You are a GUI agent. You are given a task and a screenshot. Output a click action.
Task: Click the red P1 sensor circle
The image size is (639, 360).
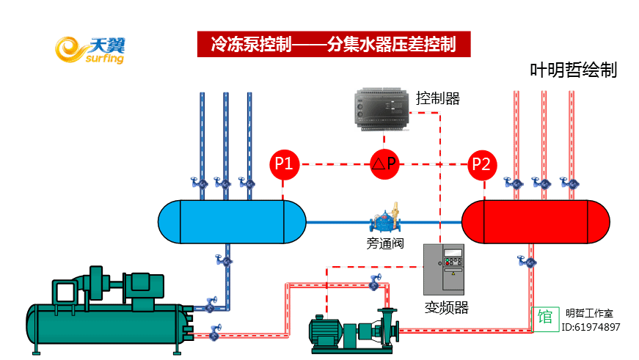pyautogui.click(x=284, y=164)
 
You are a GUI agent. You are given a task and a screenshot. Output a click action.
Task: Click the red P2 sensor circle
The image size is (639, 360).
pyautogui.click(x=481, y=164)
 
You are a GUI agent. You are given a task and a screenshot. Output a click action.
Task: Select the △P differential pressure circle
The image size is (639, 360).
pyautogui.click(x=384, y=164)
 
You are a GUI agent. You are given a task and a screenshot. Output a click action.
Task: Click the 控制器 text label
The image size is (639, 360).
pyautogui.click(x=438, y=98)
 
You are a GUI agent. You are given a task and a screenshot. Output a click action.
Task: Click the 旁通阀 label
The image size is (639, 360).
pyautogui.click(x=385, y=243)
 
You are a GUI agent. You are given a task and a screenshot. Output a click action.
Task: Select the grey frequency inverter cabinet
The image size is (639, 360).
pyautogui.click(x=444, y=268)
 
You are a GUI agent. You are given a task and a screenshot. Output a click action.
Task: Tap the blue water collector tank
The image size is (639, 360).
pyautogui.click(x=232, y=222)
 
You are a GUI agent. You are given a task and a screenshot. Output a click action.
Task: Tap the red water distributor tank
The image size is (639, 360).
pyautogui.click(x=536, y=221)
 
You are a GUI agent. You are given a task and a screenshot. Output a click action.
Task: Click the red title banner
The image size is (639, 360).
pyautogui.click(x=334, y=44)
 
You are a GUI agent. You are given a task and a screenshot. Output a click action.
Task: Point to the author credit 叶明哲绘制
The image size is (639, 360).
pyautogui.click(x=574, y=70)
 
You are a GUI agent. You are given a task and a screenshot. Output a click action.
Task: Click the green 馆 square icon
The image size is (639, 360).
pyautogui.click(x=545, y=317)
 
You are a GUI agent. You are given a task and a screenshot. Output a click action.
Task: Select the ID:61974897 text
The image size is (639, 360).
pyautogui.click(x=591, y=327)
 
